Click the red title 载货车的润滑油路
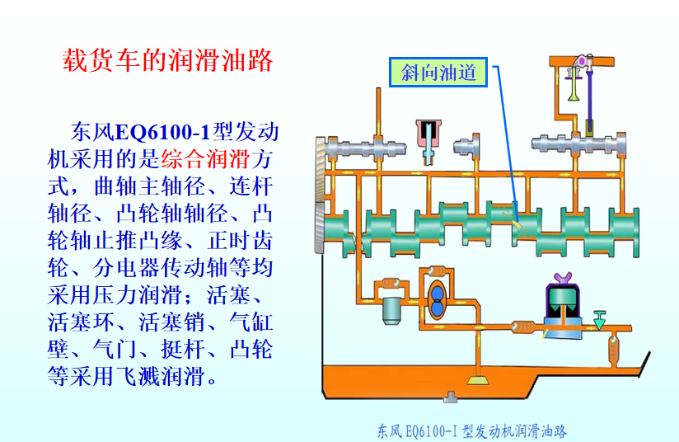pyautogui.click(x=167, y=61)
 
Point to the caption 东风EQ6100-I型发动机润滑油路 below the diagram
pyautogui.click(x=471, y=430)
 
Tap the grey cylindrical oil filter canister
pyautogui.click(x=391, y=310)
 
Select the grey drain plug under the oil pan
pyautogui.click(x=451, y=397)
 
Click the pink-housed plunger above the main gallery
pyautogui.click(x=428, y=132)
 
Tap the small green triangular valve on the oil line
pyautogui.click(x=599, y=317)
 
